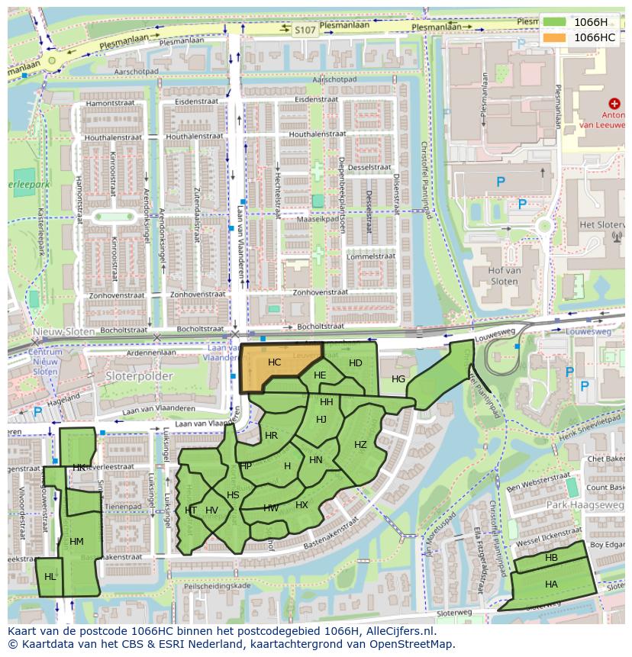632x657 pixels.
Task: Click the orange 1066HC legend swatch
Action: (555, 37)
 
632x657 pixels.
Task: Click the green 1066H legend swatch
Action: (555, 22)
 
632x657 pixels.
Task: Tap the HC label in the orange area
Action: (275, 362)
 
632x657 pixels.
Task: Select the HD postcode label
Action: (355, 363)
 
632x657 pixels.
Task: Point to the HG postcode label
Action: (398, 379)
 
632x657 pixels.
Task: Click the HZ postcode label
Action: (360, 445)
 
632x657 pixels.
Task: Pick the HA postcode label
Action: (551, 584)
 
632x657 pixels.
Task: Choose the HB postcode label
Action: (551, 559)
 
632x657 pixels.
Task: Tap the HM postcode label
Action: (76, 542)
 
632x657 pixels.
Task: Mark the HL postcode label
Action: (50, 577)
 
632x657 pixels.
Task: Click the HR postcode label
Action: (271, 436)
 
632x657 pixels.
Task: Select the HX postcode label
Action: (301, 505)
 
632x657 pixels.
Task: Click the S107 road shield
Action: (305, 29)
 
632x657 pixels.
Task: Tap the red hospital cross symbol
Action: (614, 103)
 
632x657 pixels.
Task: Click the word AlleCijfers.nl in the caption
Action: (398, 631)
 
